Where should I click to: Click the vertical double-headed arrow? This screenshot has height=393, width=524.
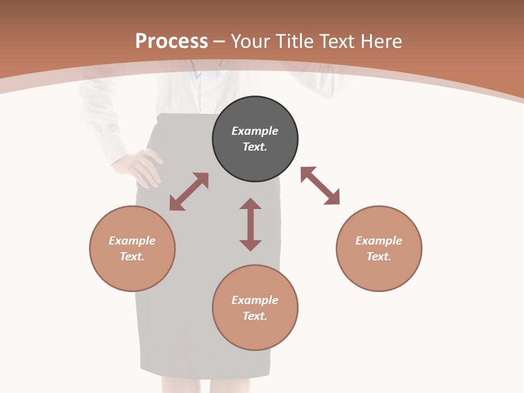click(x=251, y=224)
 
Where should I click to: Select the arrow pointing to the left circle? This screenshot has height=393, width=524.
click(x=189, y=192)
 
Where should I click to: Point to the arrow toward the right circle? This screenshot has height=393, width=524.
click(x=320, y=186)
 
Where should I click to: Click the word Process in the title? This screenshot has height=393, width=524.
click(x=171, y=41)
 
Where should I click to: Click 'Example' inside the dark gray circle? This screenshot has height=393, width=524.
click(x=255, y=131)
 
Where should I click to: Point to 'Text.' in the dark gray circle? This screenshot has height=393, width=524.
click(x=255, y=147)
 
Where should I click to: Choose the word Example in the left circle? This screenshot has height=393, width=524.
click(x=132, y=241)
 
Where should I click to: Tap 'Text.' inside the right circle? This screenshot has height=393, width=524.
click(x=379, y=257)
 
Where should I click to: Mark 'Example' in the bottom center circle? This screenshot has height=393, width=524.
click(x=255, y=300)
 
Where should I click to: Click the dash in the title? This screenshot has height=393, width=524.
click(x=219, y=41)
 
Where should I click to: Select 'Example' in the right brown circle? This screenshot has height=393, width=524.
click(x=379, y=241)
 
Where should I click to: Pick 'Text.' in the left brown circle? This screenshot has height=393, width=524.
click(x=132, y=257)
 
